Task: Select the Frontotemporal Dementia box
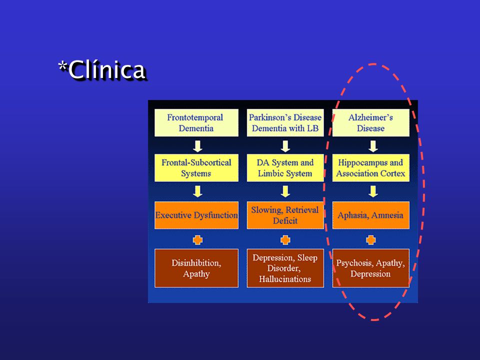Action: click(x=196, y=123)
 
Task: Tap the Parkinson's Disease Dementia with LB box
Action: click(x=285, y=123)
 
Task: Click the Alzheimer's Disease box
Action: click(x=370, y=123)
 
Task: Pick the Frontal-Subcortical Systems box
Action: click(x=196, y=168)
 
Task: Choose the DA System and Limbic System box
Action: click(x=285, y=168)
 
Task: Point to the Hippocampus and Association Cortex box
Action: click(x=370, y=168)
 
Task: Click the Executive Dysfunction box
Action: click(x=196, y=215)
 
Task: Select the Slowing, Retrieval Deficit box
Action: click(x=285, y=215)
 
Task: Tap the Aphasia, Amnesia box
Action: click(x=370, y=215)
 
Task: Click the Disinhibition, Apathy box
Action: click(x=196, y=268)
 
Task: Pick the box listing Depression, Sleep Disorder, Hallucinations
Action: click(x=285, y=268)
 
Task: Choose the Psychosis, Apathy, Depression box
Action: click(x=370, y=268)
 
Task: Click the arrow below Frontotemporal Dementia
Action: click(x=198, y=146)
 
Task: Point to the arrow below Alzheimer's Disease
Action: click(x=373, y=146)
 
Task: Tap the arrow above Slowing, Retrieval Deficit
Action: click(x=285, y=191)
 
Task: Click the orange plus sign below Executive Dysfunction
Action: click(x=198, y=239)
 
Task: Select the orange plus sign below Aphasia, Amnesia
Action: click(x=370, y=239)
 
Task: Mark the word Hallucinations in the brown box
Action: click(x=285, y=279)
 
